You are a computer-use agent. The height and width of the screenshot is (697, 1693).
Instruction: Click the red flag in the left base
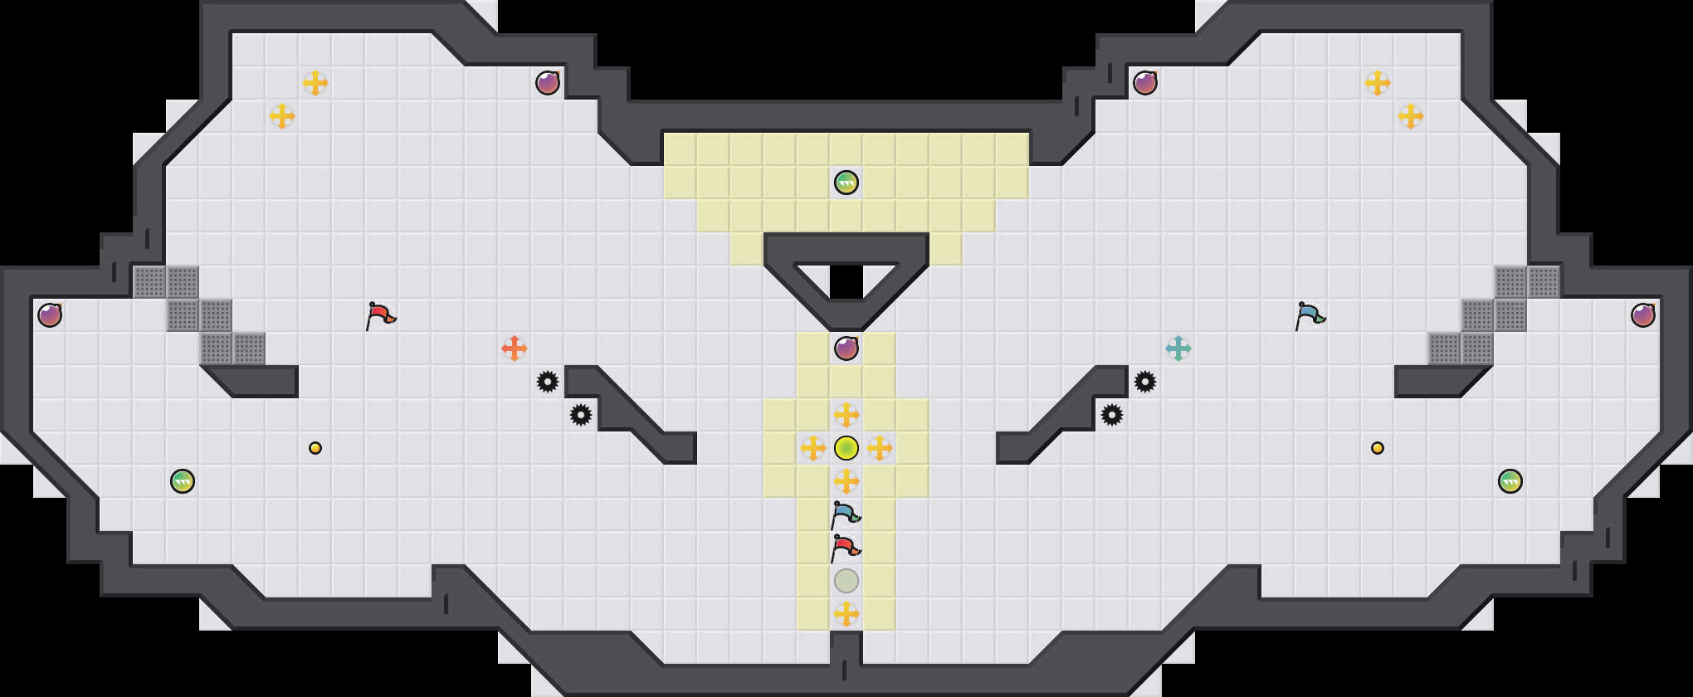pyautogui.click(x=380, y=315)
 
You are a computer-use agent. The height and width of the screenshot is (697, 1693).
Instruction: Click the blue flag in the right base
pyautogui.click(x=1310, y=315)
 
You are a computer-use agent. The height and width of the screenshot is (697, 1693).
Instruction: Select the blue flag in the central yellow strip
pyautogui.click(x=845, y=514)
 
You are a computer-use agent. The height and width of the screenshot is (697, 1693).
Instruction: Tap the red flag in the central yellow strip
pyautogui.click(x=845, y=548)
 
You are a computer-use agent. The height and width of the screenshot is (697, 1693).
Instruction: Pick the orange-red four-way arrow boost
pyautogui.click(x=515, y=348)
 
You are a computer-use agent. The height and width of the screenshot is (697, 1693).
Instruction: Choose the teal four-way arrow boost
pyautogui.click(x=1178, y=348)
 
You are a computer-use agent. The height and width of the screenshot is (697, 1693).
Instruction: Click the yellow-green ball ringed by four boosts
pyautogui.click(x=846, y=448)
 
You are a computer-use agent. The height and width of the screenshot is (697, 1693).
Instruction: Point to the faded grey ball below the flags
pyautogui.click(x=846, y=581)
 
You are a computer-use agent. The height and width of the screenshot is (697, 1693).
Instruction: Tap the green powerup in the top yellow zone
pyautogui.click(x=846, y=183)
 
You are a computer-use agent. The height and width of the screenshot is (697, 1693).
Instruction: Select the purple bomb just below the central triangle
pyautogui.click(x=846, y=348)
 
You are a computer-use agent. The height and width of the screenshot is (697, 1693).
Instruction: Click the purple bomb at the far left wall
pyautogui.click(x=50, y=315)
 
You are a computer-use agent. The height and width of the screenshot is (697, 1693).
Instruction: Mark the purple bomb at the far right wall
pyautogui.click(x=1643, y=315)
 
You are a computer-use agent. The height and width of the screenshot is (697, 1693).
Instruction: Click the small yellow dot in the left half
pyautogui.click(x=315, y=448)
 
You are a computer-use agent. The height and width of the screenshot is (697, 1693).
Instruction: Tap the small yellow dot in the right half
pyautogui.click(x=1378, y=448)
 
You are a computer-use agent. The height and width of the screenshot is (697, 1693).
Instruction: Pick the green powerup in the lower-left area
pyautogui.click(x=183, y=481)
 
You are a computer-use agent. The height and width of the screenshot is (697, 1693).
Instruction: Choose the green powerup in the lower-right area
pyautogui.click(x=1510, y=481)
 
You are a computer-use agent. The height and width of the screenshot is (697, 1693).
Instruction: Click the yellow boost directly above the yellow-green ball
pyautogui.click(x=846, y=415)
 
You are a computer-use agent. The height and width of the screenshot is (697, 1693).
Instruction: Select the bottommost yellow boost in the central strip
pyautogui.click(x=846, y=614)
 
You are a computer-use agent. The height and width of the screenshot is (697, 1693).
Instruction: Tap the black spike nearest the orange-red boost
pyautogui.click(x=548, y=382)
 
